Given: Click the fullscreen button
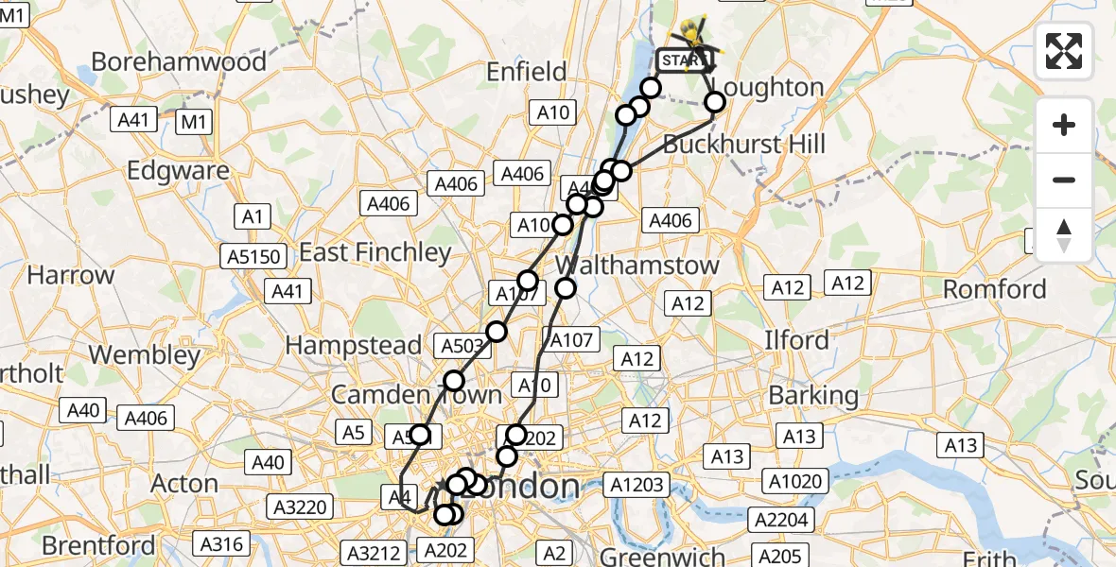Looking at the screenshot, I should [x=1064, y=51].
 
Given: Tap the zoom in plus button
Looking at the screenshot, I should [x=1064, y=125].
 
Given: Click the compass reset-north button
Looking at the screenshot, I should [x=1064, y=234].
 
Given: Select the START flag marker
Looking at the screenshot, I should [x=682, y=61].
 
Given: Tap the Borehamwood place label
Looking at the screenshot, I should [x=179, y=62].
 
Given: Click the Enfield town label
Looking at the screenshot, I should [x=526, y=71].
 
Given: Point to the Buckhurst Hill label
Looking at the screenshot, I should [x=744, y=145].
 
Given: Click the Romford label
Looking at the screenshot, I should [x=995, y=289].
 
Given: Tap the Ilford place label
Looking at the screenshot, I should [x=796, y=339].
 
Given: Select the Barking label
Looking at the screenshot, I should [x=813, y=395].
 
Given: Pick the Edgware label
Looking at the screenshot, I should [x=178, y=171].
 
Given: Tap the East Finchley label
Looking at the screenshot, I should [x=375, y=252].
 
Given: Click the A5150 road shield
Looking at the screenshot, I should [x=253, y=256].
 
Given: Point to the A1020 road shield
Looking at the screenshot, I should [x=795, y=481].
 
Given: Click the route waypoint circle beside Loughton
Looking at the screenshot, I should [x=715, y=102].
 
